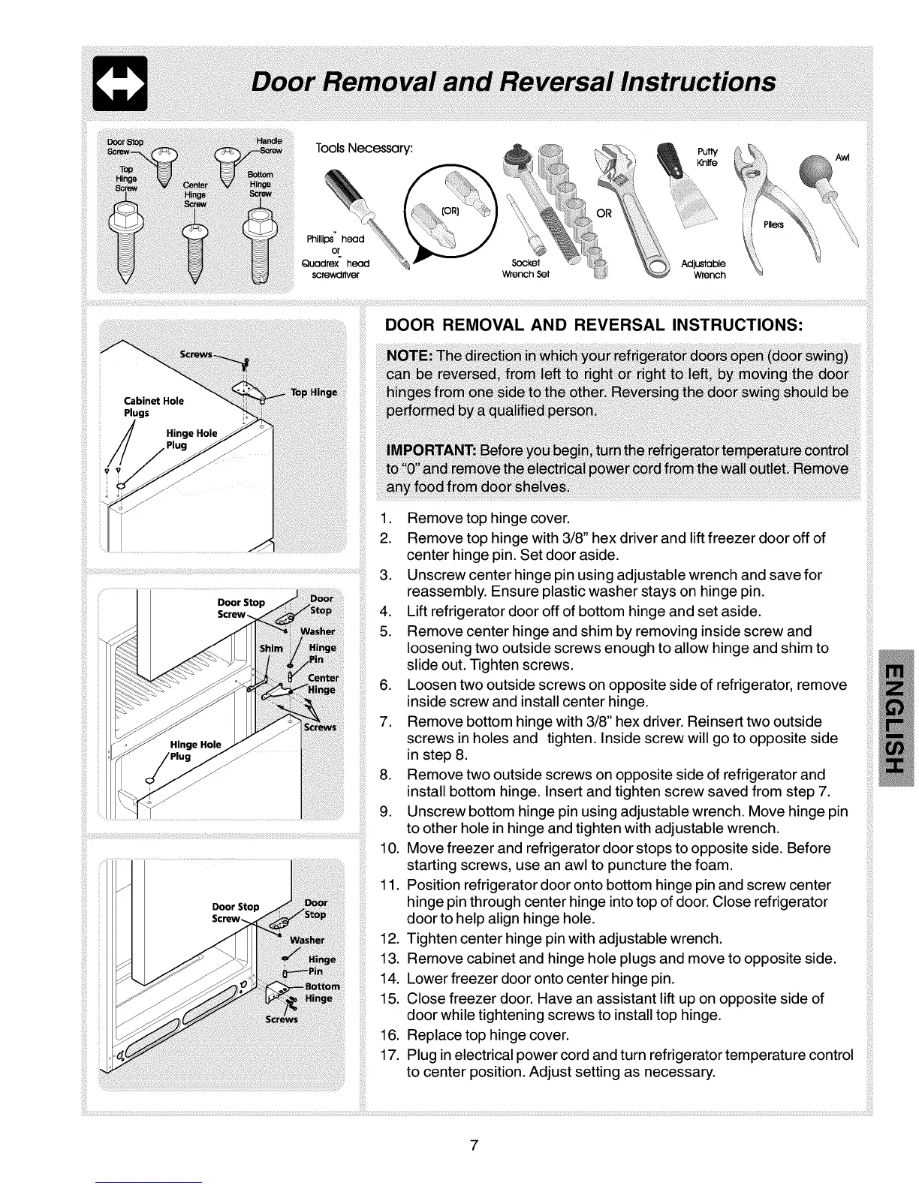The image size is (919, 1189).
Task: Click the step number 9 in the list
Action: point(387,811)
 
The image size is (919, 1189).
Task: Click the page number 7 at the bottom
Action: point(474,1145)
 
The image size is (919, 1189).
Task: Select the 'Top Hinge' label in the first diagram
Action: point(314,393)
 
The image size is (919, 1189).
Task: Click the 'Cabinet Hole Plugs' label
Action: point(153,407)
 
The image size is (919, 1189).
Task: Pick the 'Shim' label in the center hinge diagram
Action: point(271,648)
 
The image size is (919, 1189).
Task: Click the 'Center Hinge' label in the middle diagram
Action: point(323,685)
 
